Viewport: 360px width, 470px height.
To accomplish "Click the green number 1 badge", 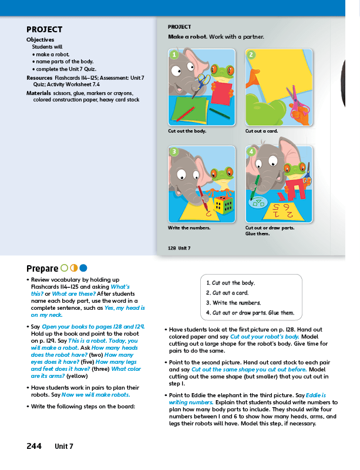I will coord(174,55).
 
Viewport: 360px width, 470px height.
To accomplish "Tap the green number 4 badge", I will coord(251,152).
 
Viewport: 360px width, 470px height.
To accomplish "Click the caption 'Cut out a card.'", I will coord(261,131).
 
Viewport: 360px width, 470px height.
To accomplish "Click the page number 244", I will coord(34,446).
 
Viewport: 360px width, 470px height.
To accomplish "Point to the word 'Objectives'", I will coord(40,39).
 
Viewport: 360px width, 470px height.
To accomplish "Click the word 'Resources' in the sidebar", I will coord(39,77).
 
